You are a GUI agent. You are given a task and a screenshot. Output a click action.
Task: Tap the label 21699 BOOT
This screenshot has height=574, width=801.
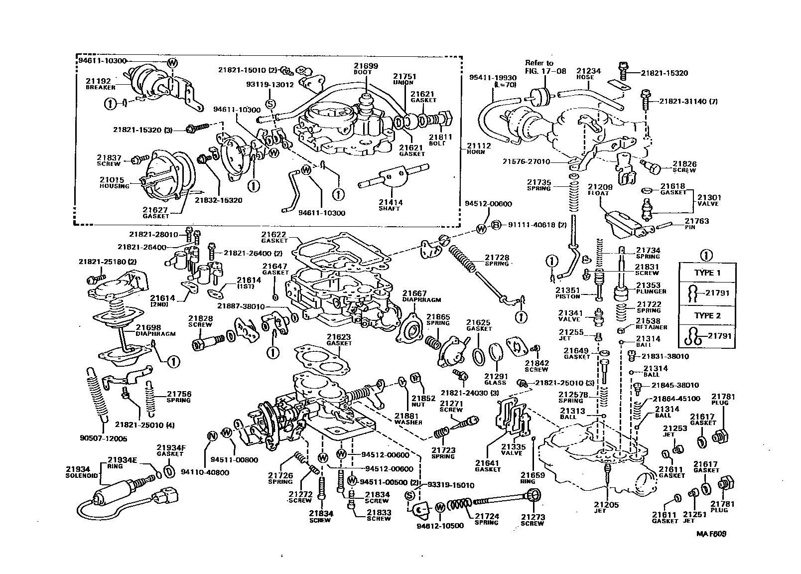coord(366,69)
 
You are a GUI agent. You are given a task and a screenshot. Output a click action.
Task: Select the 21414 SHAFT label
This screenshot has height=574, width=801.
coord(391,205)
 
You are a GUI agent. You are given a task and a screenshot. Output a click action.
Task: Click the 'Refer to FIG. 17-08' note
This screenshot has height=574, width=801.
coord(539,67)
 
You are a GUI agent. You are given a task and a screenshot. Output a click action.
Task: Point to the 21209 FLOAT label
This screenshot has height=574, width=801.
coord(596,190)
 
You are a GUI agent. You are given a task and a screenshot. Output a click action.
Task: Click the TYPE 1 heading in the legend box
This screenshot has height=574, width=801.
coord(707,273)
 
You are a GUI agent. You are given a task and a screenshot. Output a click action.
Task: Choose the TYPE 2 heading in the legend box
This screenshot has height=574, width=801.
coord(707,315)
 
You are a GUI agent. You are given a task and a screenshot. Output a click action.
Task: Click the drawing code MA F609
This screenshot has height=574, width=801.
coord(711,534)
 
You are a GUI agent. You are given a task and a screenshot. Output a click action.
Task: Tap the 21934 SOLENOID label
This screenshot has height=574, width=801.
coord(77,472)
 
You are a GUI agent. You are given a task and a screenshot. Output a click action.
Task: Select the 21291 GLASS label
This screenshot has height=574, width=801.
coord(495,379)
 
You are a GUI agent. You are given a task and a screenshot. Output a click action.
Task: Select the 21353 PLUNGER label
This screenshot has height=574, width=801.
coord(648,288)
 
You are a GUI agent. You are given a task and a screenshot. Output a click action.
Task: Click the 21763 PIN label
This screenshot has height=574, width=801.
coord(696,223)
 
